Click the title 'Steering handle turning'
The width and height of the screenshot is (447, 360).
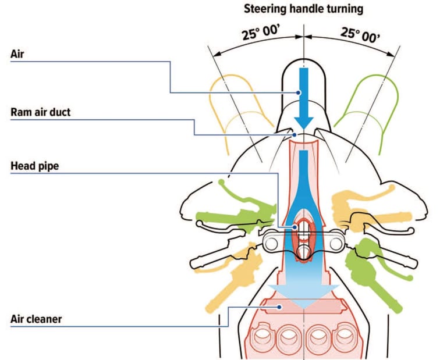tap(304, 9)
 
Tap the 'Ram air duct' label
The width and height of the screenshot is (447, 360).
tap(40, 112)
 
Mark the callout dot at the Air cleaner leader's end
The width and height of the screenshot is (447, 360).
tap(279, 306)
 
